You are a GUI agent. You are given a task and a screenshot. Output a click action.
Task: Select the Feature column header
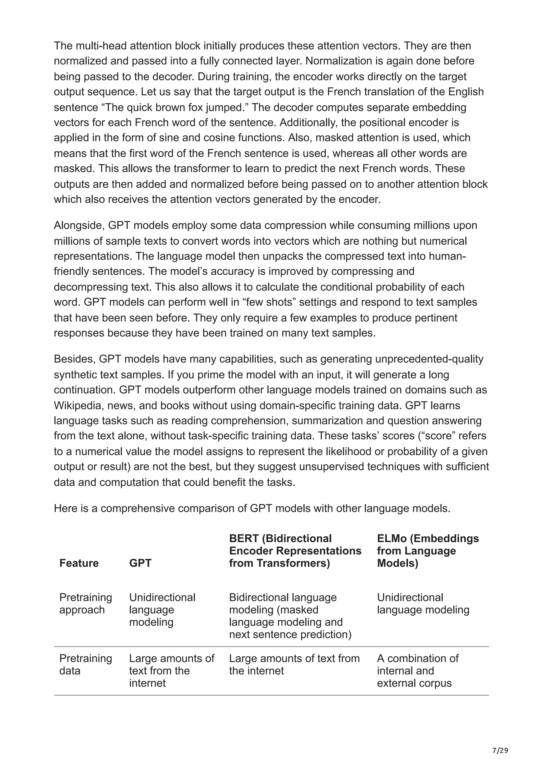79,563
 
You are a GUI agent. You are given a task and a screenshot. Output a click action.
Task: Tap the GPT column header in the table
140,563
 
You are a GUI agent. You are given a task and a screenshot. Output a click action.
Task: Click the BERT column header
295,551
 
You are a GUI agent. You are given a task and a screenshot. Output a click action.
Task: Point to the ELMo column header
428,551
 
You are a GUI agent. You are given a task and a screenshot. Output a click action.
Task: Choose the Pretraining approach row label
85,603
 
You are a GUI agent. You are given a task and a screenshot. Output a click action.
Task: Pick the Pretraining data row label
85,664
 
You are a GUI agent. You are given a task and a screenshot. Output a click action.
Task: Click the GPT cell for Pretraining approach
162,610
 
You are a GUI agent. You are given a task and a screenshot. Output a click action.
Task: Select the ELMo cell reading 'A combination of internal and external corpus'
418,671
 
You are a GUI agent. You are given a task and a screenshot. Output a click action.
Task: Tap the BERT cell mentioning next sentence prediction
290,616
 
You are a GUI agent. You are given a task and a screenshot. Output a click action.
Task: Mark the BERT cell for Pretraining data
294,664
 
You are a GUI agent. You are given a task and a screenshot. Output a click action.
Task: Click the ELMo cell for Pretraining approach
423,603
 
